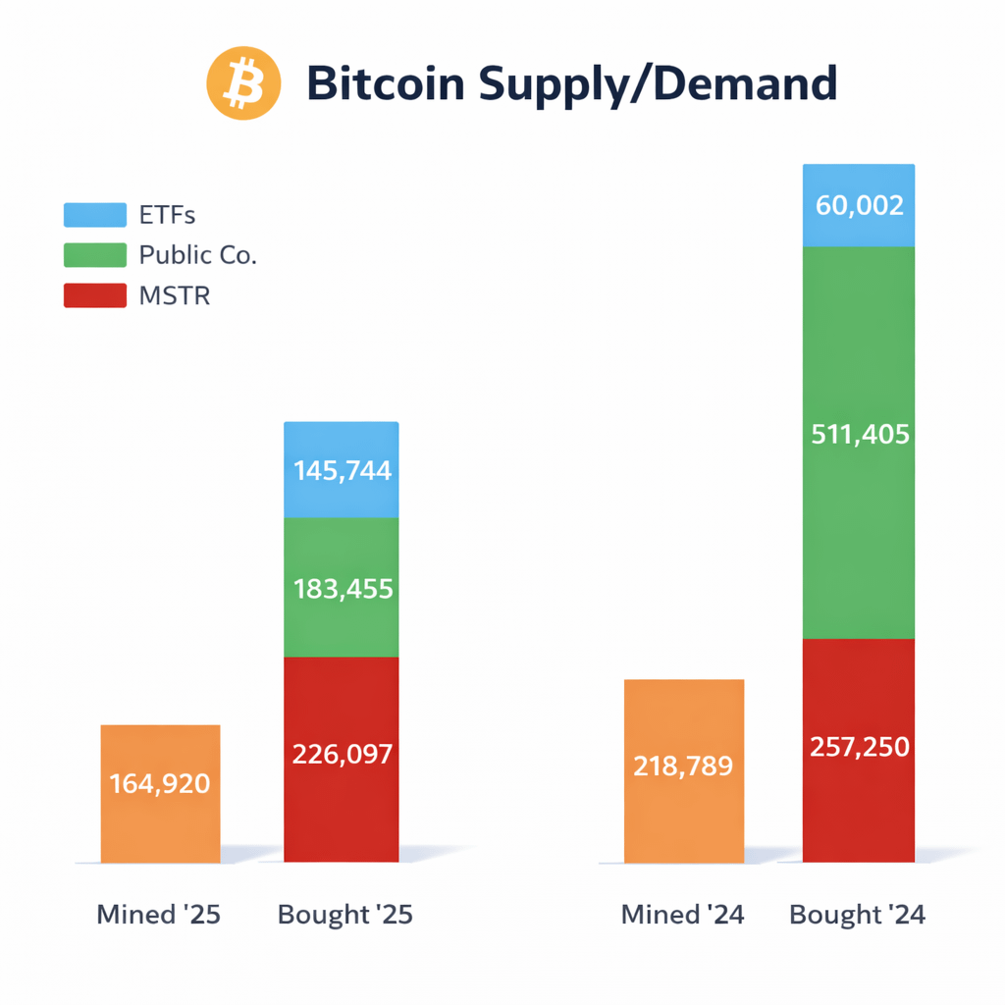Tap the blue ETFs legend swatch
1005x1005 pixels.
pyautogui.click(x=95, y=215)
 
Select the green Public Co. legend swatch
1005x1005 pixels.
pyautogui.click(x=95, y=255)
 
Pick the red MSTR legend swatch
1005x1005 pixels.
pyautogui.click(x=95, y=294)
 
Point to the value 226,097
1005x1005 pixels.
pyautogui.click(x=342, y=754)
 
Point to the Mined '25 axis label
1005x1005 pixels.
pyautogui.click(x=159, y=915)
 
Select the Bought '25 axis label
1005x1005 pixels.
pyautogui.click(x=345, y=915)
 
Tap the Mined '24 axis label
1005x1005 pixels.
pyautogui.click(x=683, y=915)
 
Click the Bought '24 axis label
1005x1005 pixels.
pyautogui.click(x=857, y=915)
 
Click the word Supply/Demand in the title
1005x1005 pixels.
pyautogui.click(x=658, y=85)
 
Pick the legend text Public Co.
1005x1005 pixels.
pyautogui.click(x=197, y=255)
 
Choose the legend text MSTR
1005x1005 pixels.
pyautogui.click(x=175, y=294)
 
